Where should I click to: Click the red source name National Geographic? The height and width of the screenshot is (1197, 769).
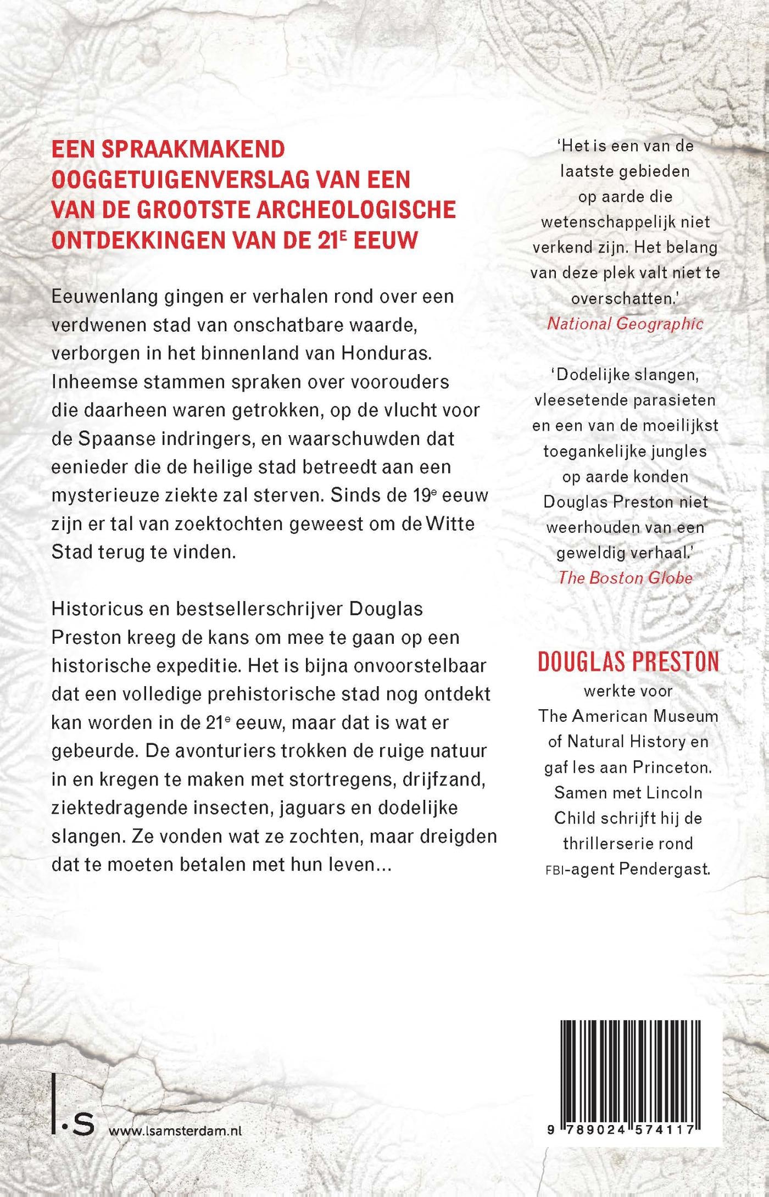625,324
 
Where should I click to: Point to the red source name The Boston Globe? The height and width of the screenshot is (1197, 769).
625,577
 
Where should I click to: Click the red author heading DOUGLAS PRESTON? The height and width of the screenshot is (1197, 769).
628,661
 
